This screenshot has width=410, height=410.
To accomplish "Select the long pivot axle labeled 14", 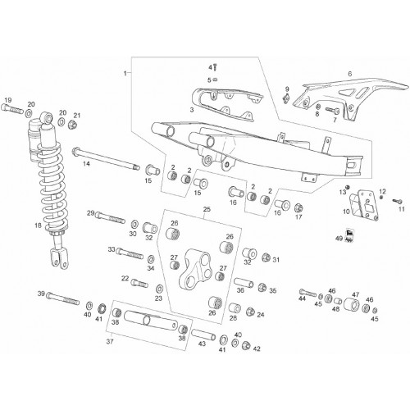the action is (106, 159).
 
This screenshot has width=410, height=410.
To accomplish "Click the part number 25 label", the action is (207, 209).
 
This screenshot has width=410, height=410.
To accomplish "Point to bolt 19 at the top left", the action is (12, 109).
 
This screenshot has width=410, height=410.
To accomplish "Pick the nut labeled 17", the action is (298, 208).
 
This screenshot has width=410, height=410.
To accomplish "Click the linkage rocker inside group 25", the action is (195, 269).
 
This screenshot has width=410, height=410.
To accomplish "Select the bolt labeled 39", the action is (63, 298).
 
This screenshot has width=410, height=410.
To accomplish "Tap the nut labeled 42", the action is (247, 346).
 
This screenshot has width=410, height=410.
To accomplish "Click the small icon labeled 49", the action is (349, 235).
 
